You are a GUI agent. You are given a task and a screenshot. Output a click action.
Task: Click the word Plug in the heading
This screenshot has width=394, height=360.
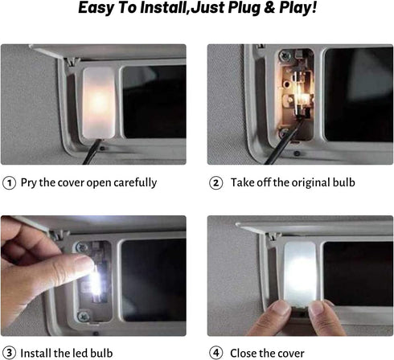[x=244, y=7]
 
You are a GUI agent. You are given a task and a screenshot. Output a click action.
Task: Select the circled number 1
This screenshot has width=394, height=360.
[x=9, y=183]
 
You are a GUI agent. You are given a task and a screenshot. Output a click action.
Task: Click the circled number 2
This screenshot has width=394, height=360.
[x=216, y=183]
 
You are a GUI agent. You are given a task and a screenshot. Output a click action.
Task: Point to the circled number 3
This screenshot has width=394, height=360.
[x=9, y=353]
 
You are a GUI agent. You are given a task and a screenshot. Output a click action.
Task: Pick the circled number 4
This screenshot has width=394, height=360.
[x=216, y=353]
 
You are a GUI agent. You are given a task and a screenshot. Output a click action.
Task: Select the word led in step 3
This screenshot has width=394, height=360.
[x=80, y=353]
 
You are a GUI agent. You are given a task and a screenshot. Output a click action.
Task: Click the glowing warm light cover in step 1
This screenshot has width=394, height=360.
[x=98, y=103]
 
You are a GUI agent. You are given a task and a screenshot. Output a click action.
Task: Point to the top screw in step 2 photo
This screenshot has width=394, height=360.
[x=285, y=55]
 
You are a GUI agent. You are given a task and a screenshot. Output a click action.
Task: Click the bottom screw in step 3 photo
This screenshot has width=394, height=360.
[x=83, y=317]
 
